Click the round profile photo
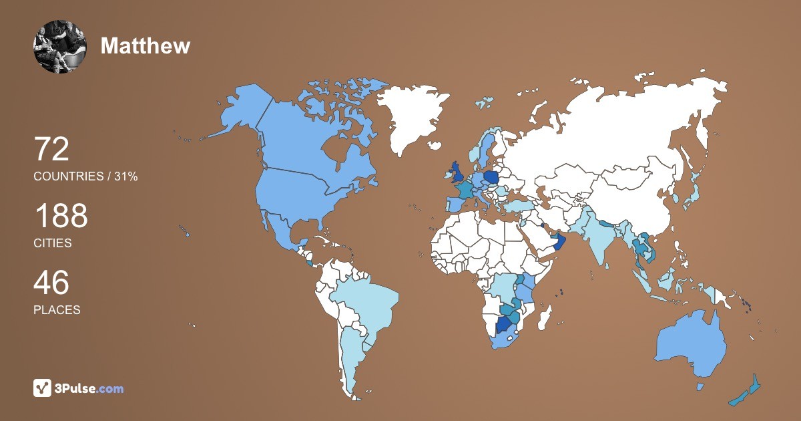coord(60,46)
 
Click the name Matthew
coord(146,45)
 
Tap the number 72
coord(51,149)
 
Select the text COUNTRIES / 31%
coord(85,176)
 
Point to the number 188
coord(61,216)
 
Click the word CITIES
coord(53,243)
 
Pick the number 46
coord(51,283)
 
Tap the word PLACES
coord(57,310)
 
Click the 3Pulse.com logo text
coord(89,388)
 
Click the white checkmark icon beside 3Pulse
coord(43,388)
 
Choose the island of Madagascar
coord(545,318)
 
